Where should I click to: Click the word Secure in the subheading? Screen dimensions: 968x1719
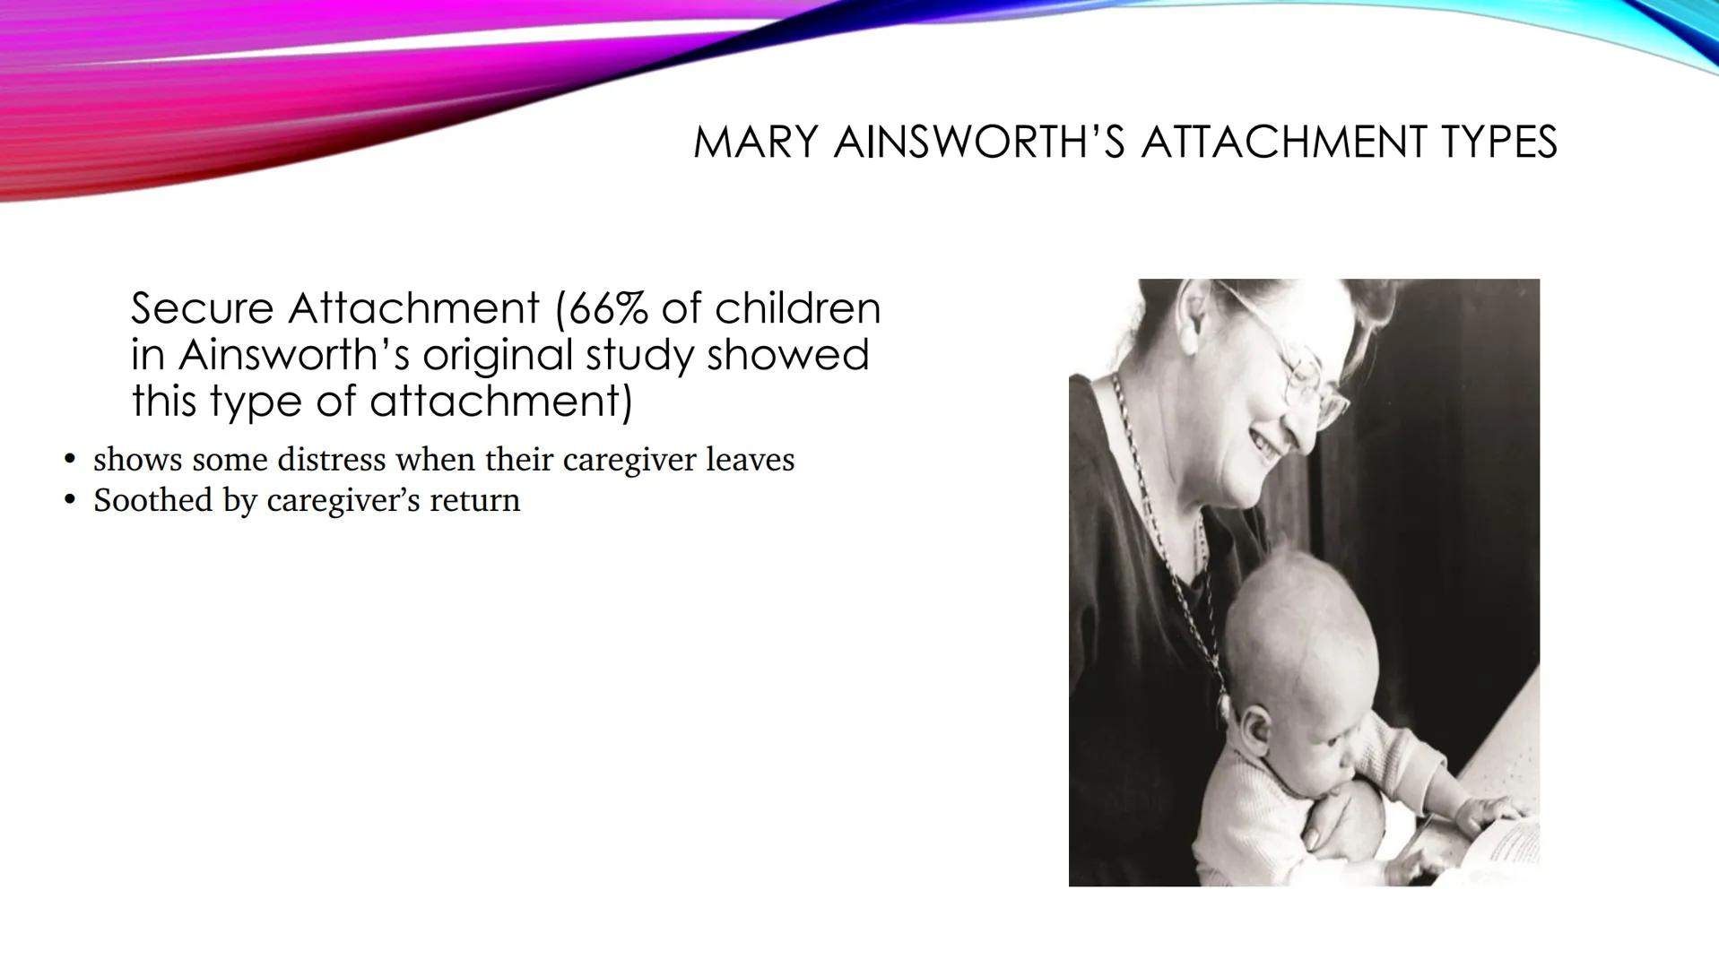pyautogui.click(x=202, y=308)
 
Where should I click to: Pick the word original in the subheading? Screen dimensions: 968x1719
pyautogui.click(x=497, y=355)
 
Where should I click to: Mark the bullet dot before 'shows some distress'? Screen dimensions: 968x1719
pyautogui.click(x=70, y=460)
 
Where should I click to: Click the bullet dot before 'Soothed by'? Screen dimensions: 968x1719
pyautogui.click(x=70, y=500)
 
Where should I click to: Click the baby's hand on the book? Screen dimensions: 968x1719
pyautogui.click(x=1489, y=811)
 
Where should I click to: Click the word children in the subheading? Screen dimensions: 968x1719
pyautogui.click(x=797, y=308)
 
